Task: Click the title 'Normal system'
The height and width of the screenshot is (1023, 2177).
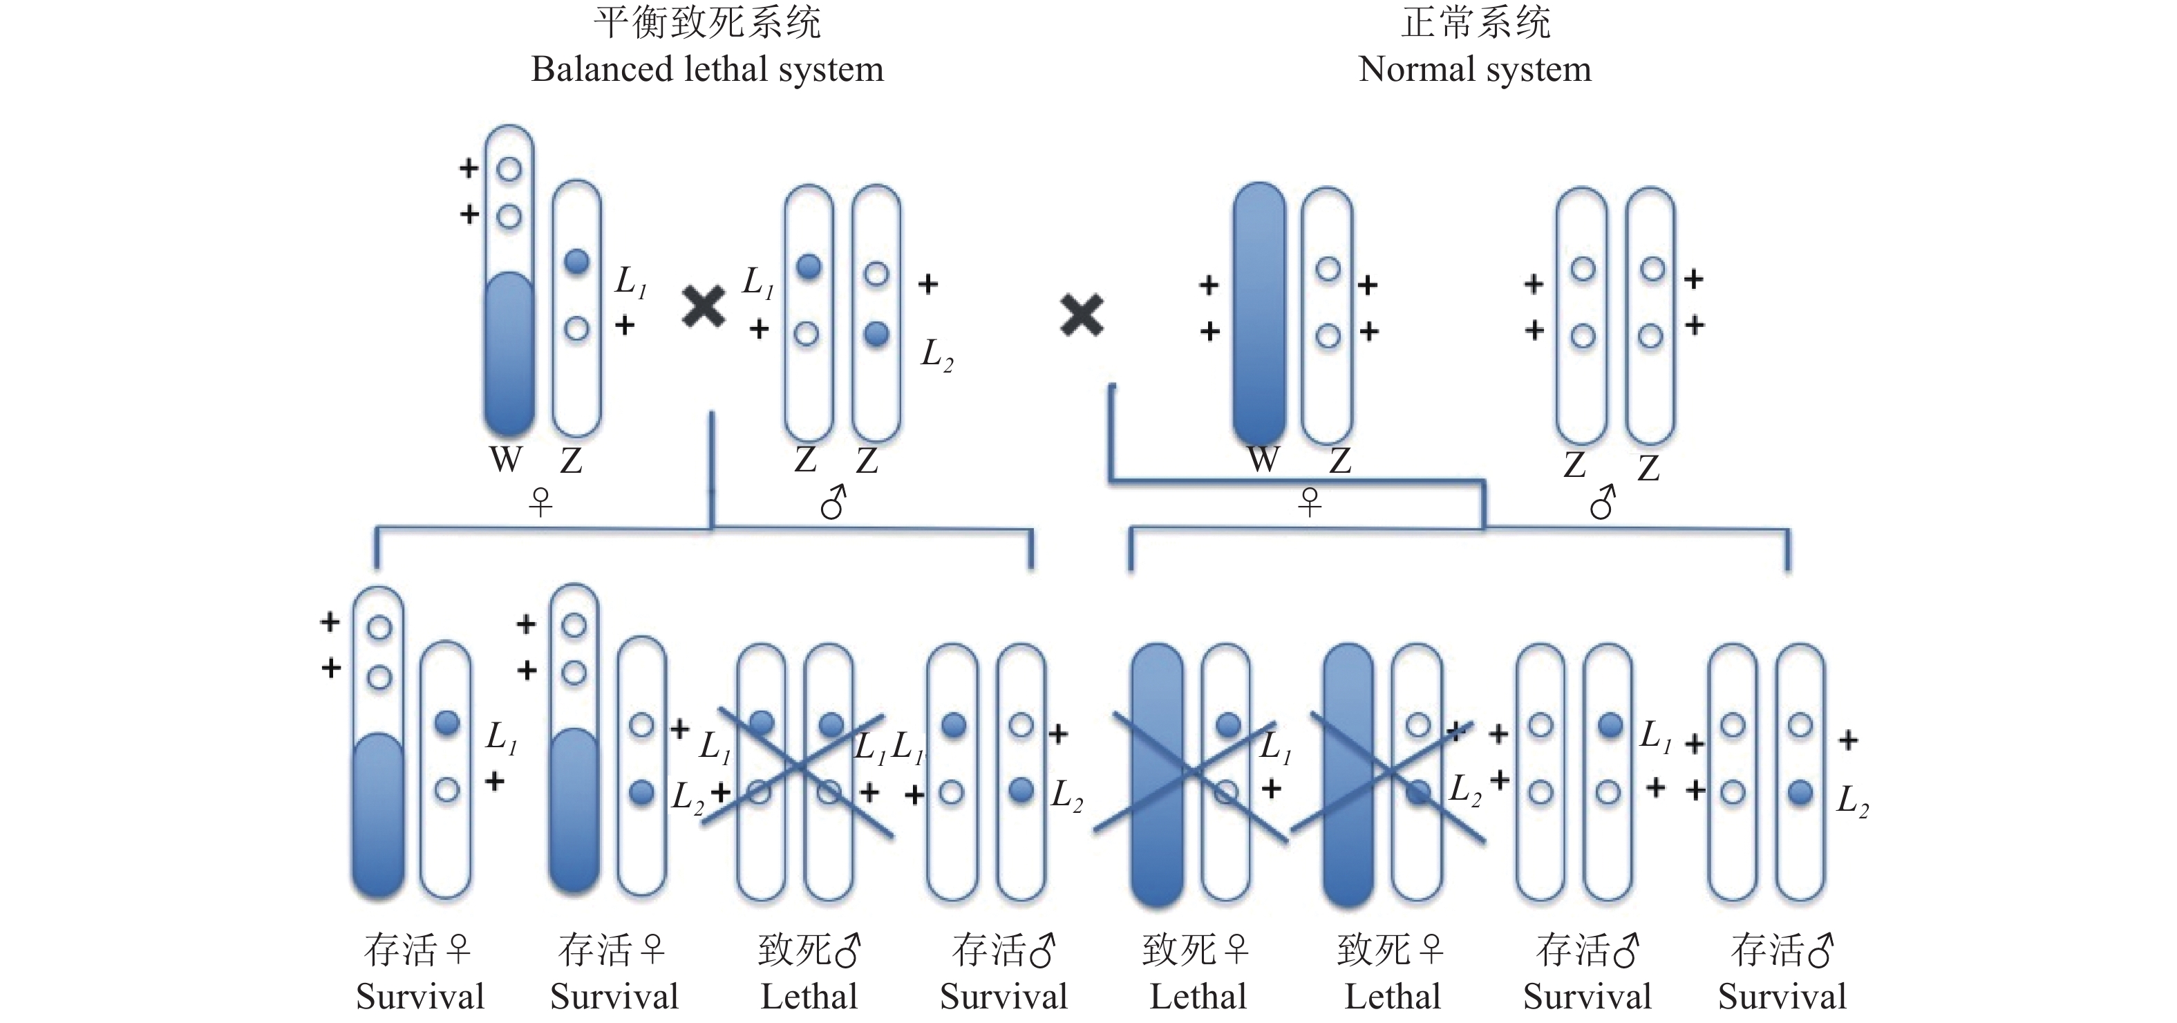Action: click(x=1475, y=69)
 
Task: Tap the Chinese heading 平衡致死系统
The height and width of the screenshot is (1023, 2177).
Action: click(x=708, y=23)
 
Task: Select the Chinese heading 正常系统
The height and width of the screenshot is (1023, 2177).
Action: click(x=1476, y=23)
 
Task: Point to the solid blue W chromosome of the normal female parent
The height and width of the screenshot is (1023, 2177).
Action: click(x=1259, y=313)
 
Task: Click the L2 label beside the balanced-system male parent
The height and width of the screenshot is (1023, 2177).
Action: click(x=936, y=355)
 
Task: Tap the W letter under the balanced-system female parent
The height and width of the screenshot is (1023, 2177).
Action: click(x=505, y=460)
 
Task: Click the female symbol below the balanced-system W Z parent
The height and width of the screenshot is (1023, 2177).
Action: click(x=540, y=503)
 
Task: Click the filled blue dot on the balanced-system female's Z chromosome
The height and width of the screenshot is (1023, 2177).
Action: click(x=576, y=262)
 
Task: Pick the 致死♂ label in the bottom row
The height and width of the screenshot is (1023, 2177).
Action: click(x=809, y=950)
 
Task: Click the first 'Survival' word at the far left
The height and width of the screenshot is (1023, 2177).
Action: click(x=420, y=997)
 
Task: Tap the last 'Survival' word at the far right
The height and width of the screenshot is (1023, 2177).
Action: click(x=1782, y=997)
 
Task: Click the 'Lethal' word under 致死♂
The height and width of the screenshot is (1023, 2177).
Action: click(x=809, y=997)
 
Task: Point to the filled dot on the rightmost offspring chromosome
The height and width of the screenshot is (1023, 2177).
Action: click(x=1800, y=792)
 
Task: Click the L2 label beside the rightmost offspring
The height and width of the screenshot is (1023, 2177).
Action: click(x=1852, y=800)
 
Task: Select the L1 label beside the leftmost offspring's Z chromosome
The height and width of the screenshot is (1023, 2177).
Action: click(x=500, y=738)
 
